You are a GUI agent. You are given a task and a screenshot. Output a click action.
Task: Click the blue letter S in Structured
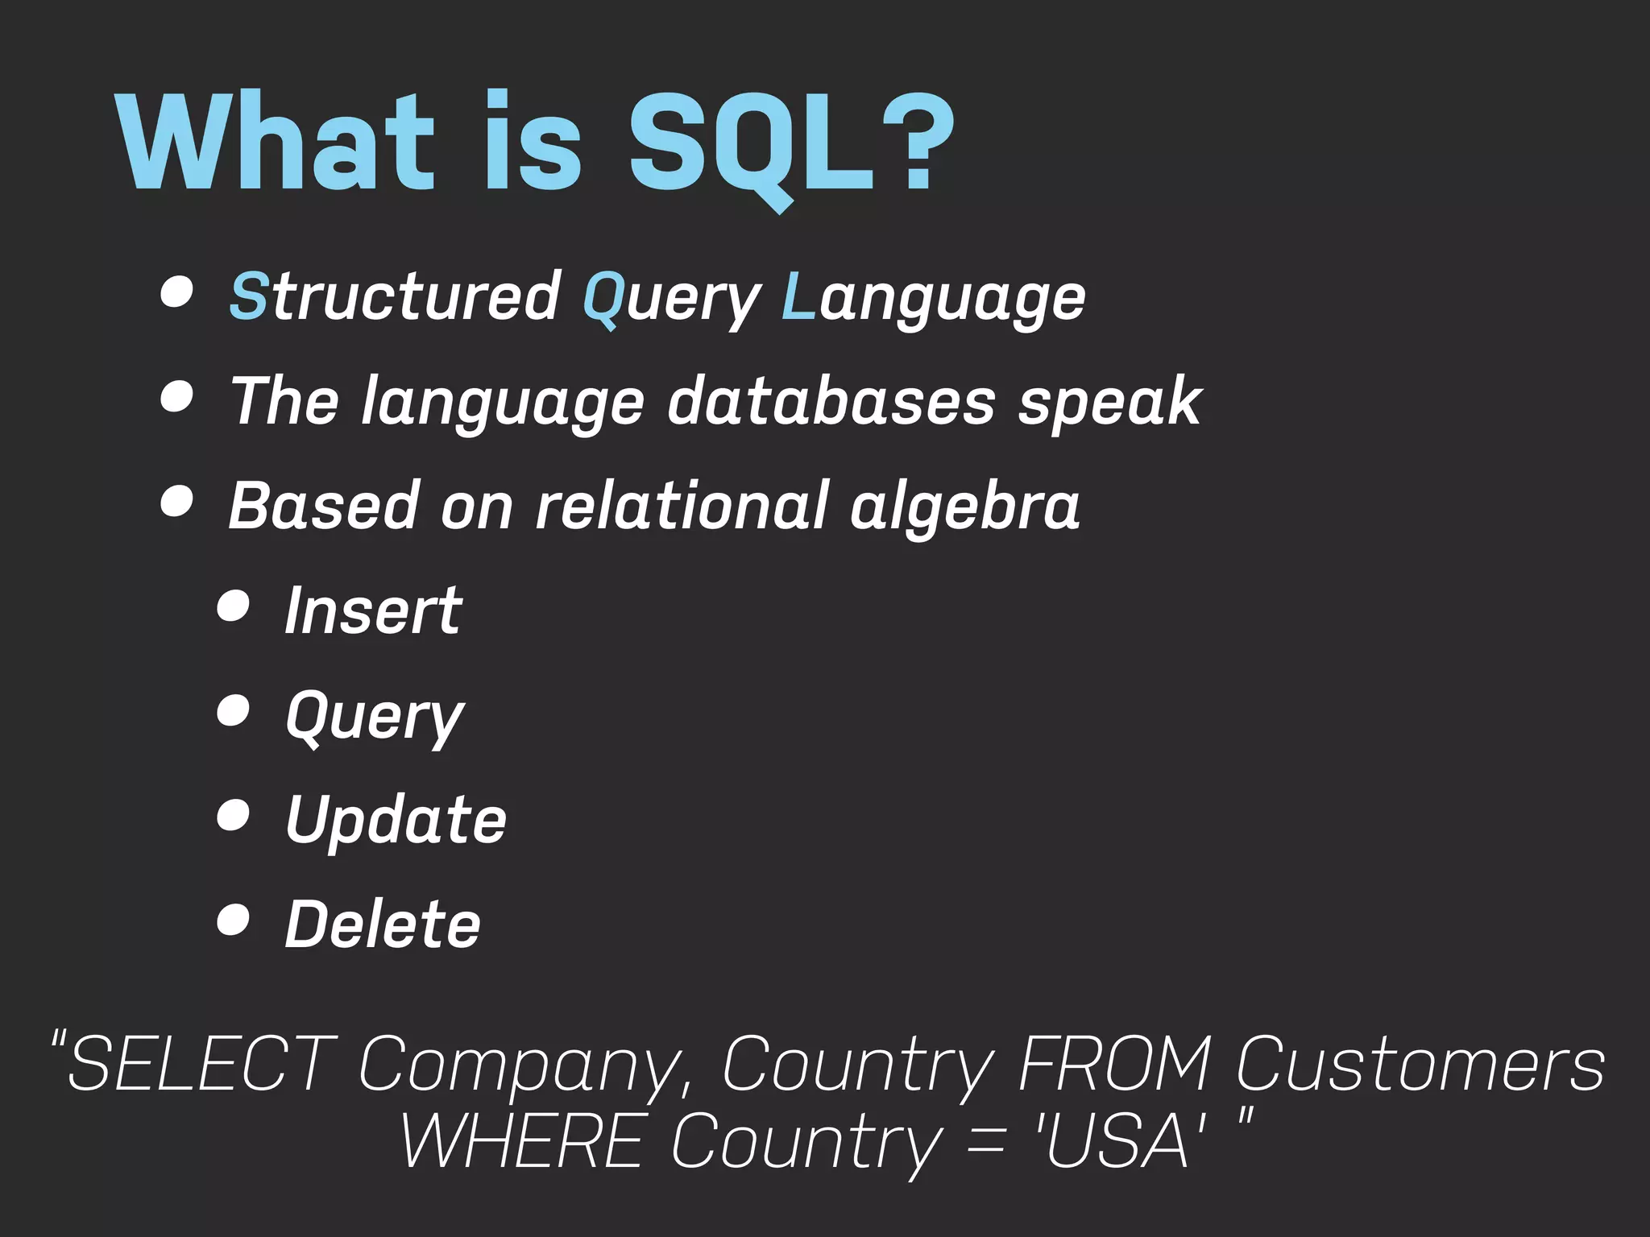[x=248, y=296]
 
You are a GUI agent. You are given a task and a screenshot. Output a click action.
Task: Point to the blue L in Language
[x=798, y=296]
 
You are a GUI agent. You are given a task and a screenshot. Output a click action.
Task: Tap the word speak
[x=1110, y=403]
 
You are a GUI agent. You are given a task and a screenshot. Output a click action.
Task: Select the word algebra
[x=964, y=507]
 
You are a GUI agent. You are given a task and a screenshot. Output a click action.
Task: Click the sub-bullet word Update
[x=396, y=820]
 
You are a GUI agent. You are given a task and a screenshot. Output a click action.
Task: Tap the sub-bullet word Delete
[x=383, y=924]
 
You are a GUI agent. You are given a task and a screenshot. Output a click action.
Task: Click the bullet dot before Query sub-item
[x=233, y=711]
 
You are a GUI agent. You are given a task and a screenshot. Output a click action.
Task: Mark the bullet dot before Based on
[x=176, y=501]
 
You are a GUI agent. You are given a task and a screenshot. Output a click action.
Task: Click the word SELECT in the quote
[x=201, y=1065]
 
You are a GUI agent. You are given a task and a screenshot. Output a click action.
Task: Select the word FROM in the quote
[x=1114, y=1065]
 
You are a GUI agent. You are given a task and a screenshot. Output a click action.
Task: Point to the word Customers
[x=1420, y=1065]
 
